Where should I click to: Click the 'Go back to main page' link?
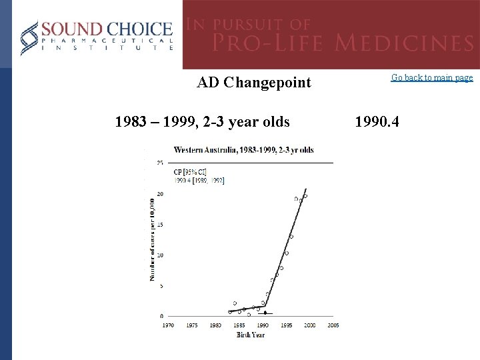coord(432,78)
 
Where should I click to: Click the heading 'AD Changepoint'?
coord(254,83)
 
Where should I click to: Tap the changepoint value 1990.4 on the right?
coord(378,122)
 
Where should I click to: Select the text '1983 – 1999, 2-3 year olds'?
coord(202,122)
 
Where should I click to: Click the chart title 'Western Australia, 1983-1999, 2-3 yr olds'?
coord(244,149)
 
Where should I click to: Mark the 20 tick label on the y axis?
coord(159,194)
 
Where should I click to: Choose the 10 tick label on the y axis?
coord(159,255)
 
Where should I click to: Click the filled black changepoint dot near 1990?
coord(265,313)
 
